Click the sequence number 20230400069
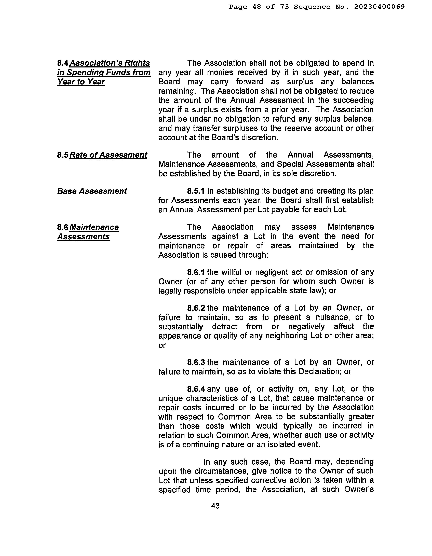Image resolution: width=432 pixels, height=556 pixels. (x=379, y=7)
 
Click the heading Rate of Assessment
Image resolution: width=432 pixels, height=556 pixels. (x=108, y=155)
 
